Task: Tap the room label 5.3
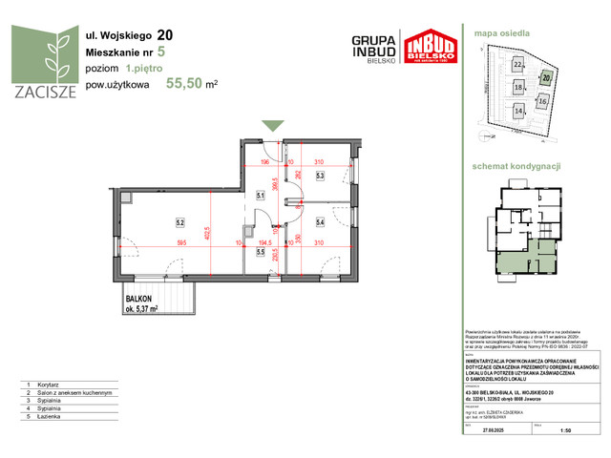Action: pos(321,176)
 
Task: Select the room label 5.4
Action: pos(321,222)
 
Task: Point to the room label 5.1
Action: pos(260,198)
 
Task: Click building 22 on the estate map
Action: pos(518,65)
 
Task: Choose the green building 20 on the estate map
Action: pos(546,77)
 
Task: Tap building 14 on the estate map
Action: pos(519,111)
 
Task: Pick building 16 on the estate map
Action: pos(542,100)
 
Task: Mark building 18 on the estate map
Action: pos(519,87)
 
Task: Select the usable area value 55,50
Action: pos(185,83)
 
